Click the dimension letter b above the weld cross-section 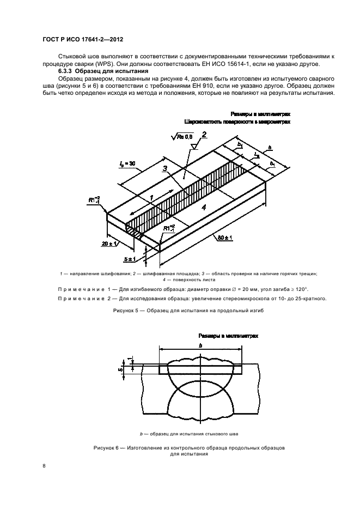point(200,347)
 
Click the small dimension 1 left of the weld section point(130,359)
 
